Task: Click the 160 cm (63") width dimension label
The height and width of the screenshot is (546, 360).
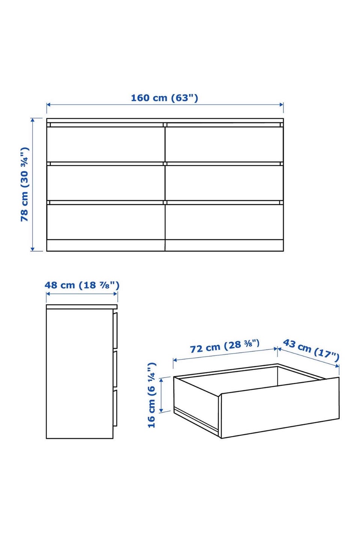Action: (164, 98)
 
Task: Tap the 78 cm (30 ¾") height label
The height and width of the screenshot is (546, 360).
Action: (25, 184)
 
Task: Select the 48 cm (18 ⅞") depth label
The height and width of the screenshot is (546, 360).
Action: (82, 285)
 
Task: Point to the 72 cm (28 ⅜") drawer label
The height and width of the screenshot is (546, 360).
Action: (225, 346)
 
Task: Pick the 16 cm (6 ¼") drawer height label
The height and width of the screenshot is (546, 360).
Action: (151, 395)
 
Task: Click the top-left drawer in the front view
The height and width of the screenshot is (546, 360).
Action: (106, 144)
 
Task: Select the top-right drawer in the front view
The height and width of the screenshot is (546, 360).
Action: (224, 144)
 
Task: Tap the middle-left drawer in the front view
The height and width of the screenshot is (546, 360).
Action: (106, 183)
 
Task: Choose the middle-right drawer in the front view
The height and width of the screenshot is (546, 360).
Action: (224, 183)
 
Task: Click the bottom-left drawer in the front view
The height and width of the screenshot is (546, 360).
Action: (106, 222)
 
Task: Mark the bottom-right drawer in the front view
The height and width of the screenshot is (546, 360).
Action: (224, 222)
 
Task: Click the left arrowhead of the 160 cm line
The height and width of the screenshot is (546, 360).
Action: (48, 105)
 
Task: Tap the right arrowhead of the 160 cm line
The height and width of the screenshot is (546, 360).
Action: (282, 105)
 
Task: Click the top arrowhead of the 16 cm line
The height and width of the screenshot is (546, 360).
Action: (161, 380)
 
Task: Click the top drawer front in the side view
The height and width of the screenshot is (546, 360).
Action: (115, 331)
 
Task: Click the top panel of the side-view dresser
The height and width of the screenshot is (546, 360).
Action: (82, 307)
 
